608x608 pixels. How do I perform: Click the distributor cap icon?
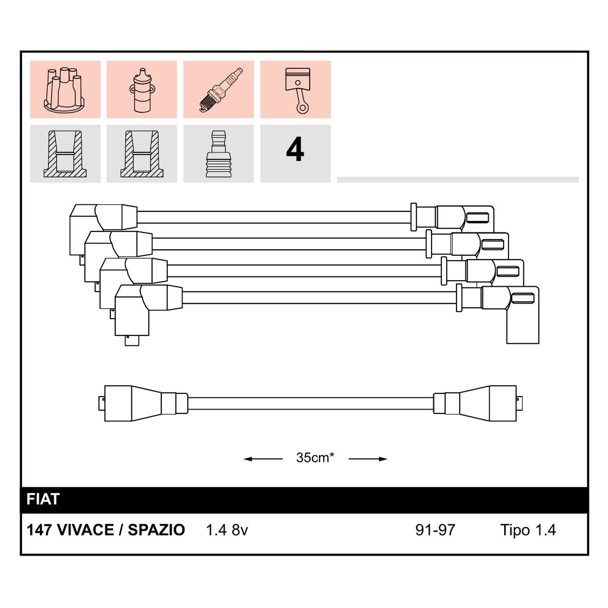(65, 89)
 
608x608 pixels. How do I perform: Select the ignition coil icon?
(142, 90)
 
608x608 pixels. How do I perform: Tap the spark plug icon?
(221, 90)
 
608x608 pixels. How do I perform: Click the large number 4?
(295, 150)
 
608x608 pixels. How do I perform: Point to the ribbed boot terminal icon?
(219, 154)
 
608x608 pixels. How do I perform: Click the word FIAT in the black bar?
(43, 499)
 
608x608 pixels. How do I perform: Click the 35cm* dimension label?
(315, 457)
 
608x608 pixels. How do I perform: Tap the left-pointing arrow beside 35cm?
(263, 459)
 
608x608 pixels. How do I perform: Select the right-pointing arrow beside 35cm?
(368, 459)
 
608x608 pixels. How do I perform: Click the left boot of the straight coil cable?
(144, 403)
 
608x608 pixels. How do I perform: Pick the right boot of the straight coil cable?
(478, 403)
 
